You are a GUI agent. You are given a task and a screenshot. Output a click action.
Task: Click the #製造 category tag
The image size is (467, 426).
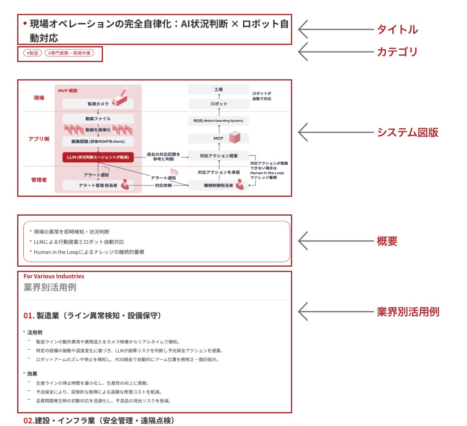pos(33,53)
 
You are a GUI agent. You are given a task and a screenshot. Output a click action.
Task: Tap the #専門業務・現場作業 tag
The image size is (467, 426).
pos(69,53)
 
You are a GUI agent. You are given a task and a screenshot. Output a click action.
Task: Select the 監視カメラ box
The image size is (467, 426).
pos(98,104)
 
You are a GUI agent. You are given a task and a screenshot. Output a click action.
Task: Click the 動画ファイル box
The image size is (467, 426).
pos(98,118)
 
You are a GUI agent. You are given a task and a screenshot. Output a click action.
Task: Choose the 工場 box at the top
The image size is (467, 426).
pos(219,89)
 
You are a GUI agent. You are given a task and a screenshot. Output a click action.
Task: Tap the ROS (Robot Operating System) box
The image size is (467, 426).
pos(219,121)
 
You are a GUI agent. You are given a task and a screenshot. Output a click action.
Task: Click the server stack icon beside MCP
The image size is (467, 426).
pos(235,138)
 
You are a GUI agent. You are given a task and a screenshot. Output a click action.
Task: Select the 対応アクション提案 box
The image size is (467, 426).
pos(219,156)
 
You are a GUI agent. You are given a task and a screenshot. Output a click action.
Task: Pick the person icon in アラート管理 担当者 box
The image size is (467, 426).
pos(125,185)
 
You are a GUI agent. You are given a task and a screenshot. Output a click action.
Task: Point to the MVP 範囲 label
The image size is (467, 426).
pos(68,91)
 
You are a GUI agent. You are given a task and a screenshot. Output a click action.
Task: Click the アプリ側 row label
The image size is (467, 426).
pos(39,139)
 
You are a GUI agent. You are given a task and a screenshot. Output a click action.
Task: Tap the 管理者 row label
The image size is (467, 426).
pos(39,179)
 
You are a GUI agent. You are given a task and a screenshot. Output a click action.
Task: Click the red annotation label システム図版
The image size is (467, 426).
pos(407,132)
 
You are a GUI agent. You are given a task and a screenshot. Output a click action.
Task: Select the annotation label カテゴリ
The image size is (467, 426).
pos(397,52)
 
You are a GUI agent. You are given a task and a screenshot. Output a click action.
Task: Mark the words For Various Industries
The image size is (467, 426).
pos(54,277)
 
